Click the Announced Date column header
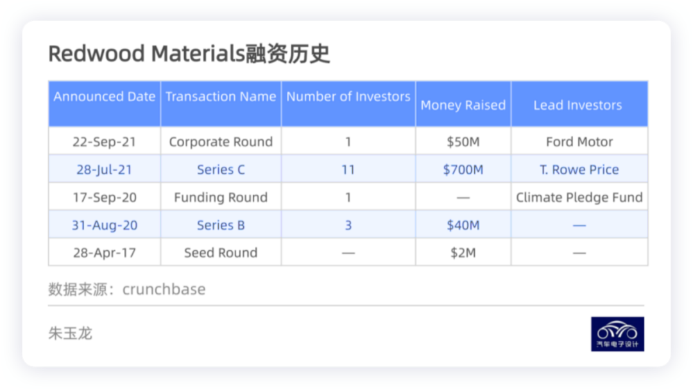(x=105, y=96)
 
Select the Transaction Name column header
(x=221, y=96)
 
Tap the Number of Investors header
(x=348, y=96)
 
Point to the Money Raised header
(x=463, y=105)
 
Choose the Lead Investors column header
(x=577, y=105)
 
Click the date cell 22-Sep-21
(x=105, y=142)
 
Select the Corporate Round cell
(x=221, y=142)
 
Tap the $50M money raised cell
(x=463, y=142)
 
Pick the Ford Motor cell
(x=579, y=142)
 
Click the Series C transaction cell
(x=221, y=169)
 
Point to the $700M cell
(x=463, y=169)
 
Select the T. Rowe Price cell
(x=579, y=169)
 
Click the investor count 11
(x=348, y=169)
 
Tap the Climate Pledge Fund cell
(x=579, y=198)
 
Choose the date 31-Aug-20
(x=105, y=225)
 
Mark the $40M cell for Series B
(x=463, y=225)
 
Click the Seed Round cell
(x=221, y=253)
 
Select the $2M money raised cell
(x=463, y=253)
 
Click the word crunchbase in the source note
(x=164, y=289)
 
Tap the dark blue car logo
(x=617, y=334)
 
